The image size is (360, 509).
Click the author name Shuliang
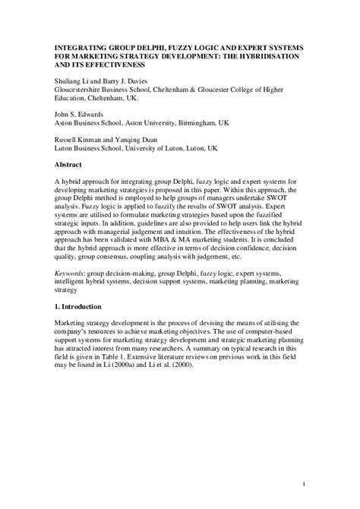click(x=68, y=81)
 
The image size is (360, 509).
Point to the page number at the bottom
click(x=303, y=485)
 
